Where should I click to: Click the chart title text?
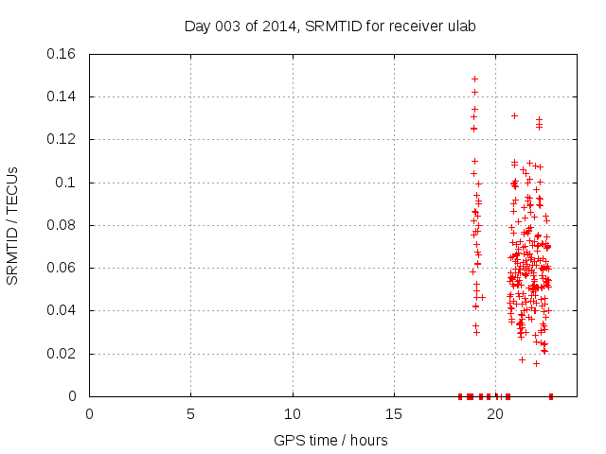click(x=330, y=26)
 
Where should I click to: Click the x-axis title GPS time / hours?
click(x=330, y=440)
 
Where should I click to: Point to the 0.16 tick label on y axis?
click(x=62, y=54)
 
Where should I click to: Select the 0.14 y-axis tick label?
click(x=62, y=96)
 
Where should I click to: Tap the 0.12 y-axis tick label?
click(x=62, y=139)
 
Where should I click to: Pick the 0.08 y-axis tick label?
click(x=62, y=225)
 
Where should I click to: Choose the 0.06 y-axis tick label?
click(x=62, y=268)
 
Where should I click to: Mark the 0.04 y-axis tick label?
click(x=62, y=310)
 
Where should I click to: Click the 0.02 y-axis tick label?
click(x=62, y=354)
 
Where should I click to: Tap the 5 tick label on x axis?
click(x=190, y=414)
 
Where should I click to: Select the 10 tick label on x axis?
click(x=293, y=414)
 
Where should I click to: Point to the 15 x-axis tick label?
click(x=394, y=414)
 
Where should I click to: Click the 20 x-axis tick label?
click(x=495, y=414)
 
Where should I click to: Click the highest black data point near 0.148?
click(x=474, y=79)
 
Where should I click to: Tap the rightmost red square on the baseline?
click(x=551, y=396)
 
